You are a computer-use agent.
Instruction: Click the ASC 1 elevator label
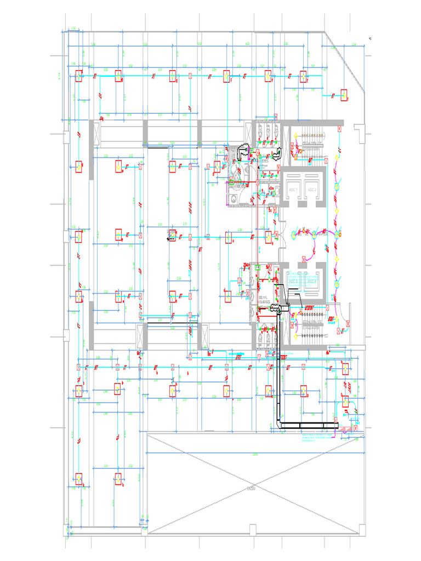(x=292, y=189)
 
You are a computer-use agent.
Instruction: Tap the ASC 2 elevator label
(x=311, y=189)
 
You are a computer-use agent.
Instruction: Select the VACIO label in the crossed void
(x=252, y=487)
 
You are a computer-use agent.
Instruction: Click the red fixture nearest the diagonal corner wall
(x=344, y=95)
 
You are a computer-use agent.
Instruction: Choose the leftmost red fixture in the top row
(x=78, y=76)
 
